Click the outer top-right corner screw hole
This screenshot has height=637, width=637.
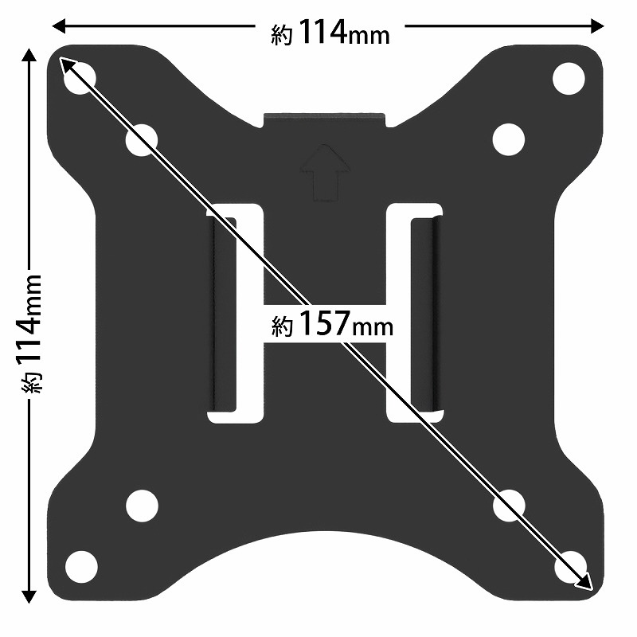point(569,78)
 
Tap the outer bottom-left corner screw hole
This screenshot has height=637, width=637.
point(81,567)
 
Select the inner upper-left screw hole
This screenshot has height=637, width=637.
point(142,140)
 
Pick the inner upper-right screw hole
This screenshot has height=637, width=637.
point(508,139)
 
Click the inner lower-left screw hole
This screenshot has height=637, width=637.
point(142,506)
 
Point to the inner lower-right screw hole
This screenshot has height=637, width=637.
point(509,506)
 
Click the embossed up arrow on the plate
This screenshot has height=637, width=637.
point(325,173)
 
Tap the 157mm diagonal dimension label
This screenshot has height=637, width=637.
point(332,324)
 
